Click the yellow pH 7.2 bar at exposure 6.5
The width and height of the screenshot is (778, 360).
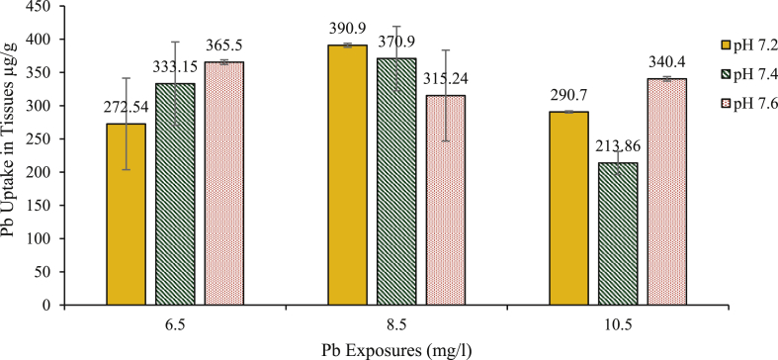pos(126,214)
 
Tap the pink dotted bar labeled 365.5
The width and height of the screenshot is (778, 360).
pos(224,183)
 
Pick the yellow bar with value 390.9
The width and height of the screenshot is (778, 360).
pos(346,175)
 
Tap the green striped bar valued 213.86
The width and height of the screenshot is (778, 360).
pos(616,233)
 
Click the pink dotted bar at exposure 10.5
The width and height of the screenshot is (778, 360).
pos(665,192)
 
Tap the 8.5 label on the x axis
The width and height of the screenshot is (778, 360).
pos(395,322)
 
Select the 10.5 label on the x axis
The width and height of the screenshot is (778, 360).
pos(616,322)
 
